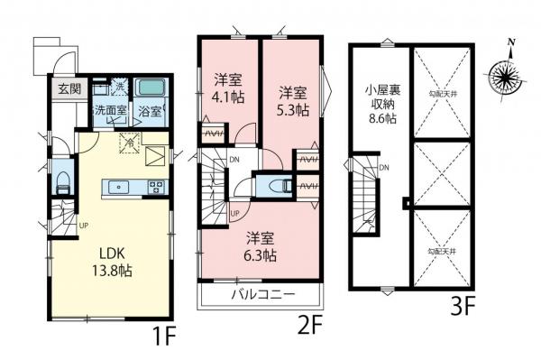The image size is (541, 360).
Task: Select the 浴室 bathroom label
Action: click(150, 112)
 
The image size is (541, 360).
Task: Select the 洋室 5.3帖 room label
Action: click(291, 99)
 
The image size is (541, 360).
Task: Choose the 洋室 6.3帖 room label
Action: click(261, 247)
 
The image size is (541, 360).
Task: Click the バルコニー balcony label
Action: click(259, 294)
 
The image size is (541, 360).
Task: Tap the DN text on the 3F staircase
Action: click(383, 169)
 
